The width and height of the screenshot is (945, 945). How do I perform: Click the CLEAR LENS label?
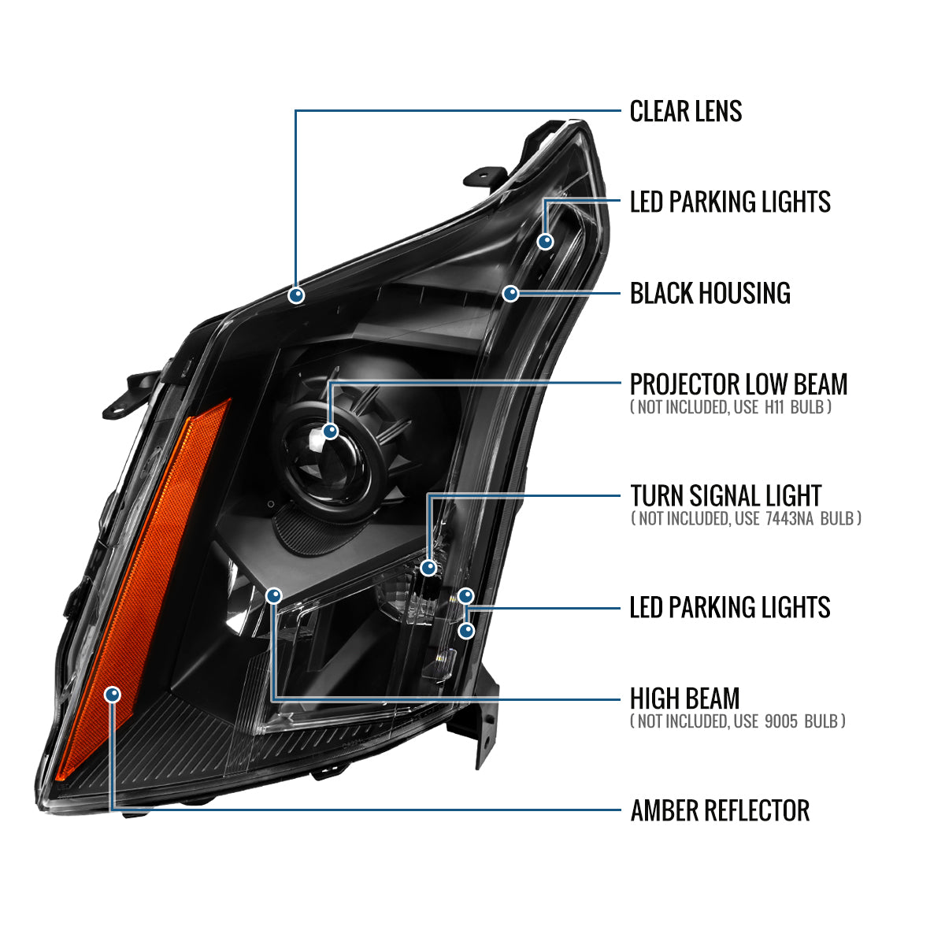coord(685,112)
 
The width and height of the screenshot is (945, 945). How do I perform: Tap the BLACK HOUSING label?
coord(710,294)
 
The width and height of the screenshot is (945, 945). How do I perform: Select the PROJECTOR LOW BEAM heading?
coord(738,384)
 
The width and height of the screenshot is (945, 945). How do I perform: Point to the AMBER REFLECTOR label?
coord(719,810)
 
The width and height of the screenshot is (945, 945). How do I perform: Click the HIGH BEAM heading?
coord(684,699)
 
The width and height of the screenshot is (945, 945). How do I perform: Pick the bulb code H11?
coord(773,407)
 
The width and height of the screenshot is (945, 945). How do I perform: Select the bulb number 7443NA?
coord(789,518)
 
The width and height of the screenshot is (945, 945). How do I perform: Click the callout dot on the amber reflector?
coord(113,694)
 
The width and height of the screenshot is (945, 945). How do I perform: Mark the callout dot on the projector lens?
coord(330,431)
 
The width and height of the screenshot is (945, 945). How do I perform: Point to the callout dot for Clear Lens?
coord(296,295)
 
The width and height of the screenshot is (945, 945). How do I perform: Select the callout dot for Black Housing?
coord(510,294)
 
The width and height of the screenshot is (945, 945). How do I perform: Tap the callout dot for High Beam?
coord(274,595)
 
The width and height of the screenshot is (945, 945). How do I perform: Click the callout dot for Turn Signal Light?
coord(428,566)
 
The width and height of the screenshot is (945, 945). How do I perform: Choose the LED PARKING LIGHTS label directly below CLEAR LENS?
coord(729,202)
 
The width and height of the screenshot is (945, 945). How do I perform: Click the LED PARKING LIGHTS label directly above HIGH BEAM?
coord(729,607)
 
